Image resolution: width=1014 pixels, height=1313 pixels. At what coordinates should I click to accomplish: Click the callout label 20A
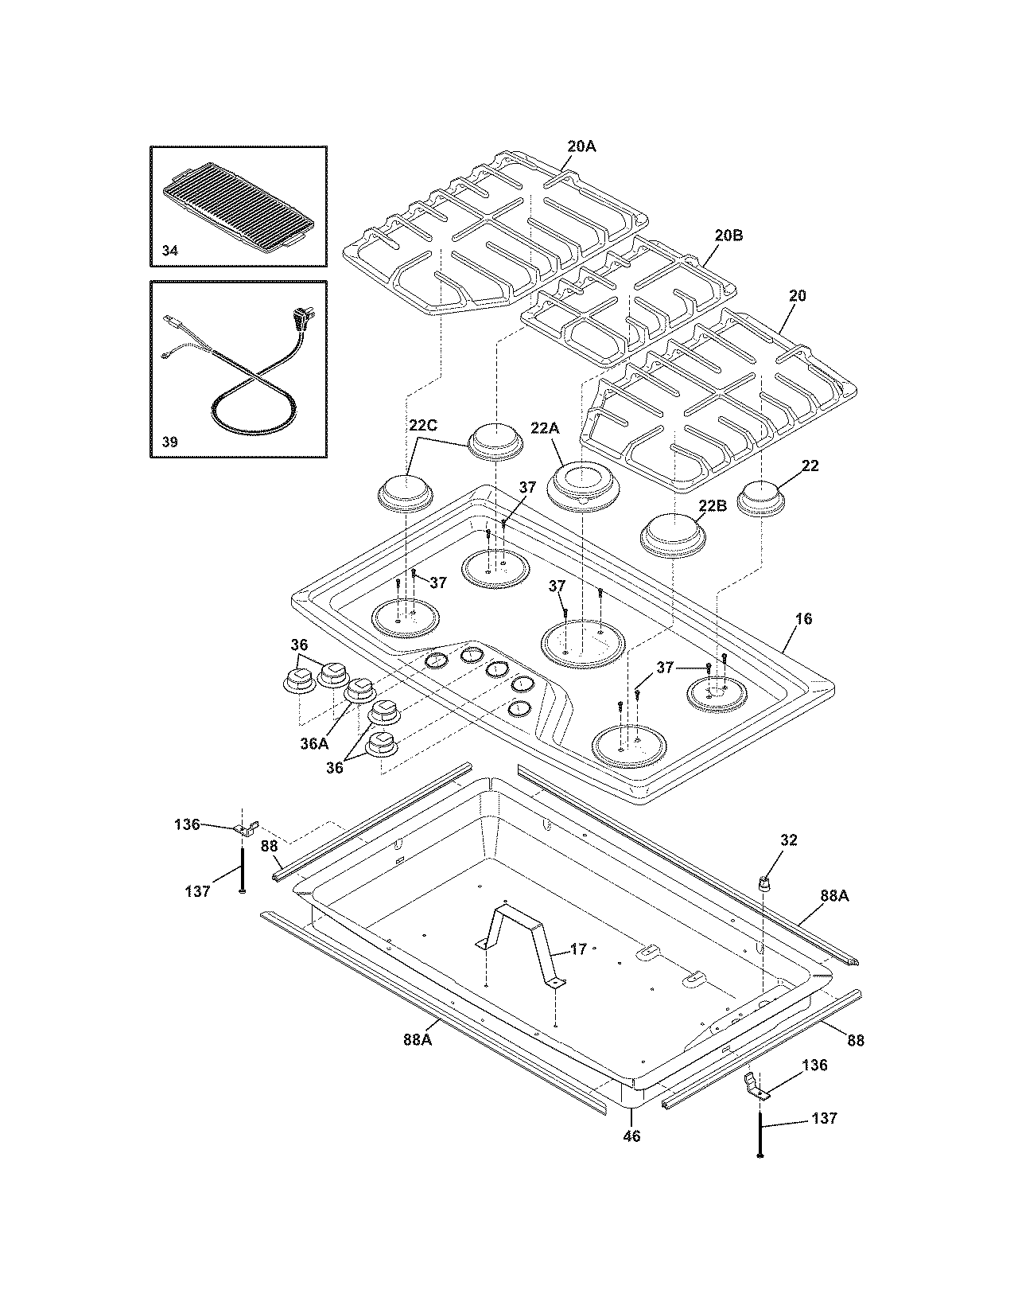click(581, 146)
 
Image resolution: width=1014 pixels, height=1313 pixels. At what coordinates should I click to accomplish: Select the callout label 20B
click(728, 236)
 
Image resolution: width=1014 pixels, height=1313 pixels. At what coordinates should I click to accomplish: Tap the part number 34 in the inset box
click(170, 251)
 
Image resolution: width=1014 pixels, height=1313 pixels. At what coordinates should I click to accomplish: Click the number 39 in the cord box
click(170, 442)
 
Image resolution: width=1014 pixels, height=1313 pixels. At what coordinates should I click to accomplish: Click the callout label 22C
click(423, 426)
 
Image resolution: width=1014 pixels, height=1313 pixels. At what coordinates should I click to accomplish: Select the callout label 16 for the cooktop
click(803, 619)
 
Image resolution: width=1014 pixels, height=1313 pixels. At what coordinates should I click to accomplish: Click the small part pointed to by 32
click(764, 882)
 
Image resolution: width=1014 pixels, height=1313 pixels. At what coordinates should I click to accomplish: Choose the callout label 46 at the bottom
click(631, 1136)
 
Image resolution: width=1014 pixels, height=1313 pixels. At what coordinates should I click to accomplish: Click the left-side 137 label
click(196, 891)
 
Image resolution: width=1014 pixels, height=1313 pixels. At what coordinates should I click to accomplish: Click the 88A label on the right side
click(834, 896)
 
